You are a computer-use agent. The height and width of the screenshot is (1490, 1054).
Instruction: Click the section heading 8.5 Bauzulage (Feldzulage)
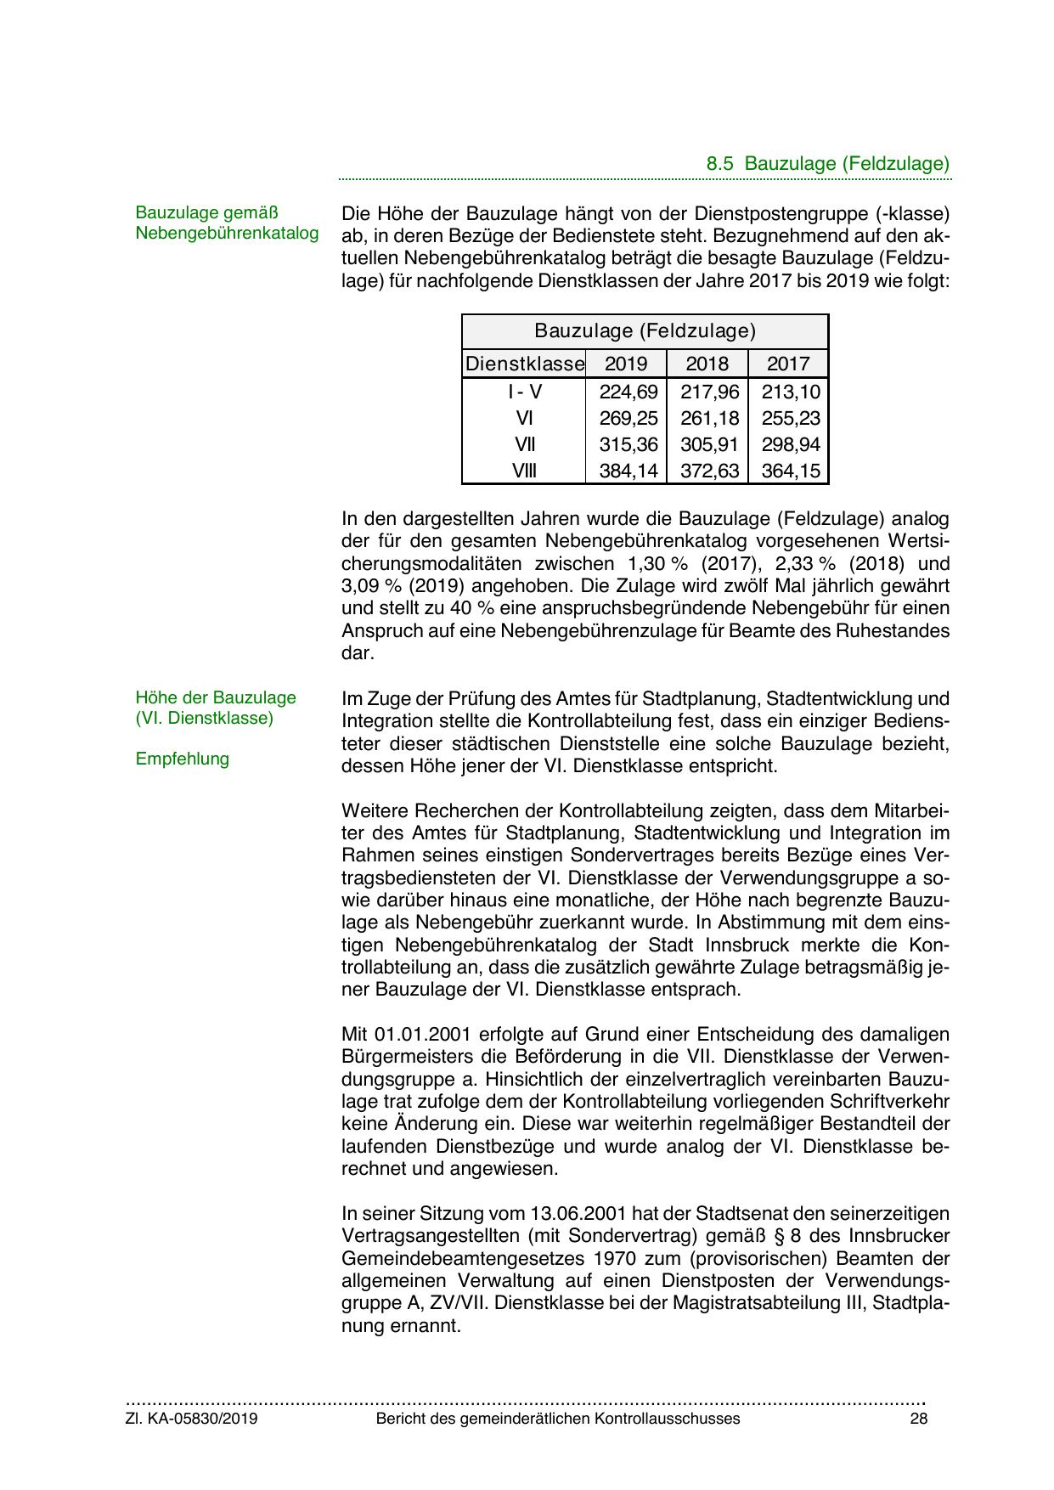click(x=827, y=164)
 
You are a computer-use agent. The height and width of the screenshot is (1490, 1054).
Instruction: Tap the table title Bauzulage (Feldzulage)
click(x=645, y=330)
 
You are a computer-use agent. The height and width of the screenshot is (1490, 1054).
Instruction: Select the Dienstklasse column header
click(x=524, y=364)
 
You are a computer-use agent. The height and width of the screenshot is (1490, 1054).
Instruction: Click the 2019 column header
click(x=626, y=364)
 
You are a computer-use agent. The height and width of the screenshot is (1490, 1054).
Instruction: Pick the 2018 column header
click(x=707, y=364)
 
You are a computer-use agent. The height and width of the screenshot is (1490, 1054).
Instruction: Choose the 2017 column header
click(x=788, y=364)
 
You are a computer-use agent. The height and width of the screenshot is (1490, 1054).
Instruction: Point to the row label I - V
click(x=524, y=392)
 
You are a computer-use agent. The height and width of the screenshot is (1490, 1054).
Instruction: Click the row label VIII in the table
click(x=524, y=471)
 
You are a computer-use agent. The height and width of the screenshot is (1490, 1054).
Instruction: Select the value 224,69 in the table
click(x=628, y=392)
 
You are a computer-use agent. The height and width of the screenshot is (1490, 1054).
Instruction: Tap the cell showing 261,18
click(x=709, y=418)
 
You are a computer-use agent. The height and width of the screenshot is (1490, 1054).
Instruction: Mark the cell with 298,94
click(x=791, y=444)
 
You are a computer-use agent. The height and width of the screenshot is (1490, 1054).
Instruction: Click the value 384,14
click(x=628, y=471)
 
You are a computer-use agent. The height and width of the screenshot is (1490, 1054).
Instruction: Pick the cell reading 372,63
click(x=709, y=471)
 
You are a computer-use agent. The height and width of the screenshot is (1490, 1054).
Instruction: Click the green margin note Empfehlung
click(x=183, y=759)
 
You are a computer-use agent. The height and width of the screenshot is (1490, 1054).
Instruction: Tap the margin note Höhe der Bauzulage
click(x=216, y=697)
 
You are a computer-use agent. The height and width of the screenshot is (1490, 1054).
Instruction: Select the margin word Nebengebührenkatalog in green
click(x=227, y=232)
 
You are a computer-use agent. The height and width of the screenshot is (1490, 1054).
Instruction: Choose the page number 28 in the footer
click(x=917, y=1419)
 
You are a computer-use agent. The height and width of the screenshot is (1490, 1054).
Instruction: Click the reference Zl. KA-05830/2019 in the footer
click(x=192, y=1419)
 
